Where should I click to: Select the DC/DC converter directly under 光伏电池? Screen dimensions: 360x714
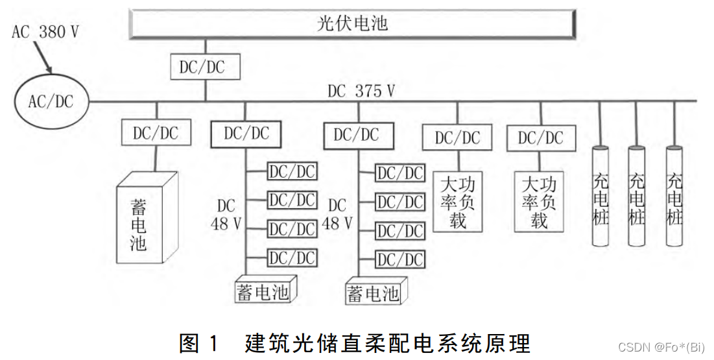point(206,67)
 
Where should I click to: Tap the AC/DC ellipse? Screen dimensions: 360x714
point(51,101)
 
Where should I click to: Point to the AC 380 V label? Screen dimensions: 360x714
point(45,32)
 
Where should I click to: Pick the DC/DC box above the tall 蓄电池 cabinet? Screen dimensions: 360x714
point(155,133)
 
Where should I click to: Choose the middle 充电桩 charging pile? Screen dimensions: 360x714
point(637,197)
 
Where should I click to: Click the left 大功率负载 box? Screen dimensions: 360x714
point(458,201)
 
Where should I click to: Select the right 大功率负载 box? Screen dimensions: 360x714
point(540,201)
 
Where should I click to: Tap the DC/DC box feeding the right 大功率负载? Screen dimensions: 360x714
point(540,138)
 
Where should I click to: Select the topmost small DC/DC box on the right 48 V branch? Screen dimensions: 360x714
point(401,173)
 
